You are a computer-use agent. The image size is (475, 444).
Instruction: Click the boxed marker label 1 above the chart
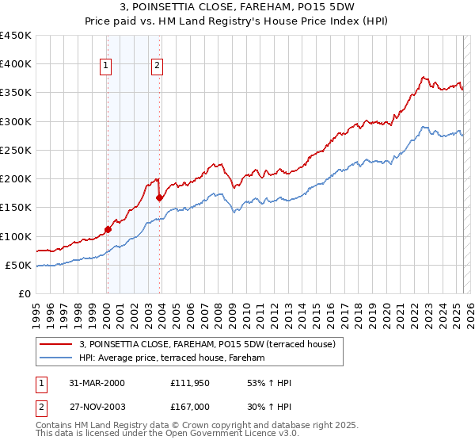click(x=106, y=66)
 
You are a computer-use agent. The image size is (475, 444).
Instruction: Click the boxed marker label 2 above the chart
click(x=158, y=66)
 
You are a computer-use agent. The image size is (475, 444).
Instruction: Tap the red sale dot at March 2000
click(x=108, y=230)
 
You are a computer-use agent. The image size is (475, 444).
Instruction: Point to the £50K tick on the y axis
click(x=19, y=265)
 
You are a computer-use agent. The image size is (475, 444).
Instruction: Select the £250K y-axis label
click(x=16, y=150)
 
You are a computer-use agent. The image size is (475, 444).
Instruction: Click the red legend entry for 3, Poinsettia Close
click(x=207, y=344)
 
